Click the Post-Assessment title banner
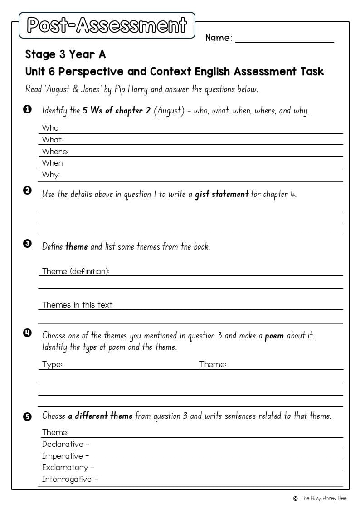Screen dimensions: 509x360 tap(107, 25)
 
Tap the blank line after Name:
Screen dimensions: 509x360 tap(284, 40)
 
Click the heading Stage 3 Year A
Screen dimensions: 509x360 tap(65, 54)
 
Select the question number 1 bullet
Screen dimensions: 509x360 tap(27, 109)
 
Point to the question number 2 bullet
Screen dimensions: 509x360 tap(27, 191)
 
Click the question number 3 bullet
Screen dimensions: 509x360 tap(27, 244)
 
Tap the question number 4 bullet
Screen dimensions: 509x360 tap(27, 333)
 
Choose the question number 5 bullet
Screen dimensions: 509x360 tap(27, 416)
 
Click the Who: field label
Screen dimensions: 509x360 tap(51, 128)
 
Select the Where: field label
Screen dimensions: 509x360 tap(55, 152)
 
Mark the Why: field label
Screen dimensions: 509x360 tap(51, 175)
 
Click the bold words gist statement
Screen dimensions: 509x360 tap(222, 194)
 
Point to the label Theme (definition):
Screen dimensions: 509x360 tap(75, 271)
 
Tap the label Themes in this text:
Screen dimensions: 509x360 tap(78, 305)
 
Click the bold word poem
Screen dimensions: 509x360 tap(274, 336)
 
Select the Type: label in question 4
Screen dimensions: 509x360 tap(52, 364)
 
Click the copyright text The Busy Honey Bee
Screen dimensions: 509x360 tap(320, 499)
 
